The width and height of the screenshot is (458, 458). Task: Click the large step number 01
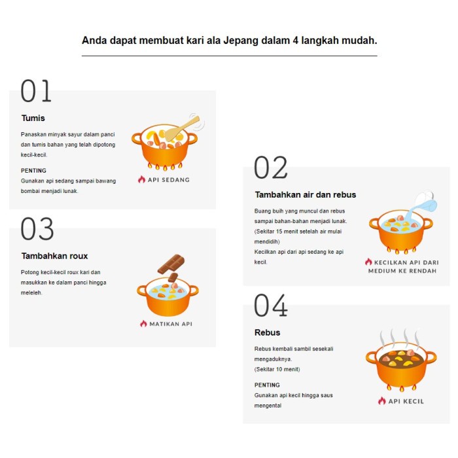point(36,91)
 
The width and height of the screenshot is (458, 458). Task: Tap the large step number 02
point(270,168)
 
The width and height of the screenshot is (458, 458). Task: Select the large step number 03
point(37,229)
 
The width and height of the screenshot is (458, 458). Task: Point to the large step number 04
point(270,306)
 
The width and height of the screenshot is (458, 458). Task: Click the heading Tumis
point(33,118)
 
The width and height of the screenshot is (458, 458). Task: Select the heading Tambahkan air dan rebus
point(305,194)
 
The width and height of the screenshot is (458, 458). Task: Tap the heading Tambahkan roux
point(54,256)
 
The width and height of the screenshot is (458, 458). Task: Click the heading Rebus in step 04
point(267,332)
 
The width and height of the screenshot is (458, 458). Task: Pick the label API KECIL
point(405,401)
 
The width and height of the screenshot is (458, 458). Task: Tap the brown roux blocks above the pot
point(171,266)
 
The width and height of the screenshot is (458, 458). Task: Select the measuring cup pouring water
point(423,203)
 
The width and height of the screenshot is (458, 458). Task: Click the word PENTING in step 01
point(33,171)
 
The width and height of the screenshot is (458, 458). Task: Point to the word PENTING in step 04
point(267,385)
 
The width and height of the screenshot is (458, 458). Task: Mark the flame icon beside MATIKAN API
point(143,323)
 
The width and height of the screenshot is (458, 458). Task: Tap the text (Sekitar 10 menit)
point(277,369)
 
